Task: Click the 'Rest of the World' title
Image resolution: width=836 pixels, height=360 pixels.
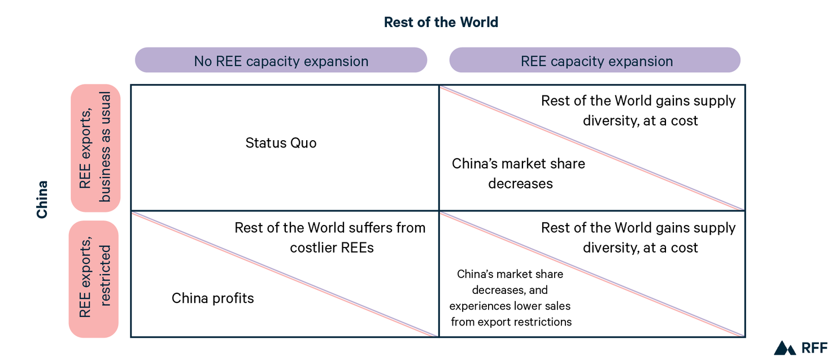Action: pyautogui.click(x=441, y=23)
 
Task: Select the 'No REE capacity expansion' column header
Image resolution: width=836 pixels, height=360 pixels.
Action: pyautogui.click(x=281, y=61)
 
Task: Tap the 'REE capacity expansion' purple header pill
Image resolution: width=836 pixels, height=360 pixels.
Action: pyautogui.click(x=596, y=61)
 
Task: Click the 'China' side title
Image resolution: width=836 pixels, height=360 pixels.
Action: pyautogui.click(x=42, y=199)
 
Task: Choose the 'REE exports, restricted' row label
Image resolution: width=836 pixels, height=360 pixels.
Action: pyautogui.click(x=94, y=279)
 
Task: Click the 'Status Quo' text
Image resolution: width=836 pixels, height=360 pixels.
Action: pyautogui.click(x=281, y=143)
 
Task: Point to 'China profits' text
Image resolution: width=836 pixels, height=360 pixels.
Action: pyautogui.click(x=212, y=298)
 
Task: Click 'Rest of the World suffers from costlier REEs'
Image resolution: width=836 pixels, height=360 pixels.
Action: pyautogui.click(x=330, y=237)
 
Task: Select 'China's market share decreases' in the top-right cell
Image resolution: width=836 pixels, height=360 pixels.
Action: pyautogui.click(x=519, y=174)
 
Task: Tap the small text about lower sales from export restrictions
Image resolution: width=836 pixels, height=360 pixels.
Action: pyautogui.click(x=511, y=298)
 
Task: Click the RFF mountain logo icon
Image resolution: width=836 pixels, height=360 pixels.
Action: pyautogui.click(x=785, y=348)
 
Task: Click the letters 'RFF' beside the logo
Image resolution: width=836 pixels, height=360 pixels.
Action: pyautogui.click(x=813, y=348)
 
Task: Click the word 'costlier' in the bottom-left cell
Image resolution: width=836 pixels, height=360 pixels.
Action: pyautogui.click(x=313, y=248)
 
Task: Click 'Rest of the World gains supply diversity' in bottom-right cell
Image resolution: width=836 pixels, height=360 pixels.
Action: pyautogui.click(x=638, y=237)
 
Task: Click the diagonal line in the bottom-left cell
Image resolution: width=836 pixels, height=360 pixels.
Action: pyautogui.click(x=284, y=274)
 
